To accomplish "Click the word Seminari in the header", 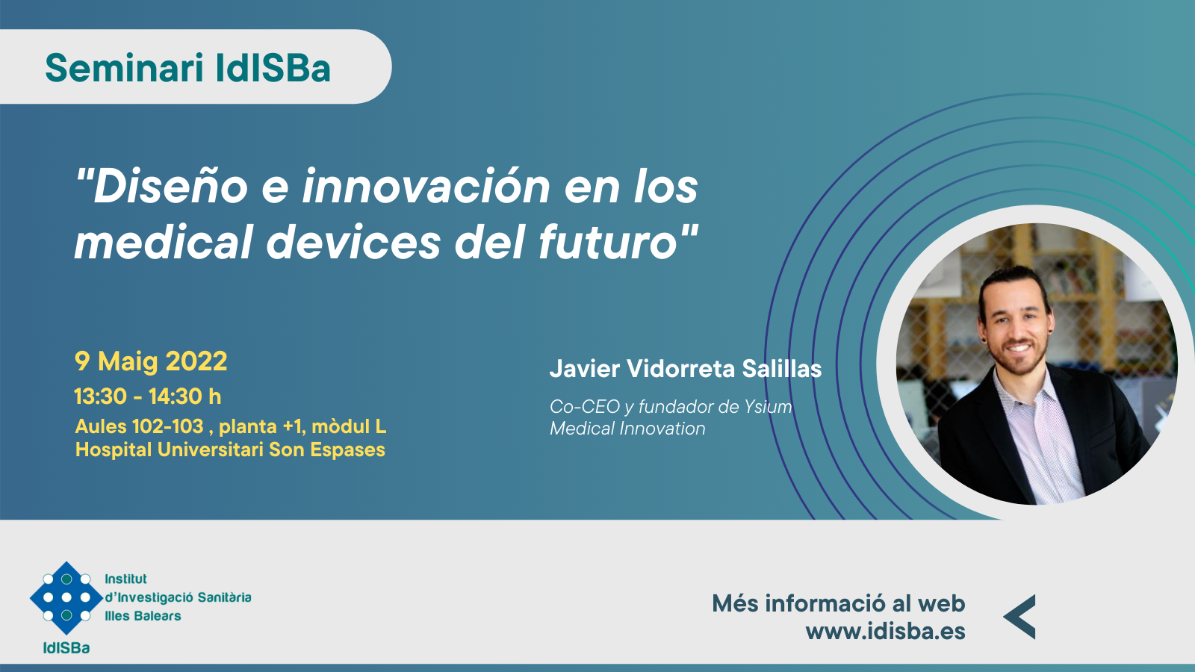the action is [124, 68].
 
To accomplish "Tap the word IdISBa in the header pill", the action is [273, 68].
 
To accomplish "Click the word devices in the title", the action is [353, 242].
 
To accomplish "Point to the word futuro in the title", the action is [608, 242].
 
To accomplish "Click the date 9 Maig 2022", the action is [151, 361].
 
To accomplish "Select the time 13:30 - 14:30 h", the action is [148, 396].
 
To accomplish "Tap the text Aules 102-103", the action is [139, 426].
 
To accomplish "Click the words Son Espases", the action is [326, 449].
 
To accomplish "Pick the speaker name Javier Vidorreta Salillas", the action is [686, 369].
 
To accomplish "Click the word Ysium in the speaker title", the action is [769, 407].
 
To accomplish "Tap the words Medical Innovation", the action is [627, 429].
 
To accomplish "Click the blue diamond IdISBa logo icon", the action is [66, 597].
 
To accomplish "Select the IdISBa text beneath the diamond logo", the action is [66, 648].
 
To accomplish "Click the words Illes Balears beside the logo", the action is [143, 616].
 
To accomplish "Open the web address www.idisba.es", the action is [886, 631].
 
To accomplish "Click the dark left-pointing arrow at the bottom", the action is [1019, 617].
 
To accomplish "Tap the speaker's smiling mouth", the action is [1018, 349].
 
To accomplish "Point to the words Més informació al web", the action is [839, 604].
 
